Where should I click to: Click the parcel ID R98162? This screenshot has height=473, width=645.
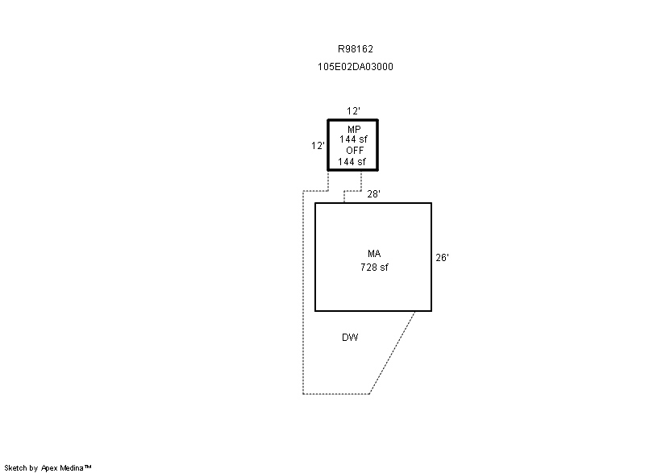pos(356,49)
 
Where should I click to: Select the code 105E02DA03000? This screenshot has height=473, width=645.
pos(356,67)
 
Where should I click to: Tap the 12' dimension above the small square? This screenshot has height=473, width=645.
pos(353,111)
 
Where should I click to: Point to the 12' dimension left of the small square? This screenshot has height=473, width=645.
pos(318,146)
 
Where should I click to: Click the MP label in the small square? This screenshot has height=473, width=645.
pos(354,130)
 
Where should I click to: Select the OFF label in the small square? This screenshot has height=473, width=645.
pos(355,151)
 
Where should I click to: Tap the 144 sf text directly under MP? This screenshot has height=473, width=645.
pos(353,139)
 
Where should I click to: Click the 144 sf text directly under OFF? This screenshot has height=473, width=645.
pos(352,162)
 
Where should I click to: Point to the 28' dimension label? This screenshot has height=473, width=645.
pos(373,194)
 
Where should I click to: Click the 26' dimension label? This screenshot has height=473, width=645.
pos(442,258)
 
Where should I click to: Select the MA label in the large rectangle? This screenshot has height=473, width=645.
pos(374,254)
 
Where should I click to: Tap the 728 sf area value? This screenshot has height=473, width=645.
pos(374,268)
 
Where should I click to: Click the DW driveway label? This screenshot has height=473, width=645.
pos(350,338)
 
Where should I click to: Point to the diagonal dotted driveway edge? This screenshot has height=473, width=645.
pos(392,353)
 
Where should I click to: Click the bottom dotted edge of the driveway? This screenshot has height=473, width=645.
pos(336,394)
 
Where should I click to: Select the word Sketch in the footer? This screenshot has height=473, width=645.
pos(16,467)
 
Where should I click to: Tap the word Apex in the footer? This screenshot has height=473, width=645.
pos(49,467)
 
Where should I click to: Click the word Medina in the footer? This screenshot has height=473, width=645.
pos(72,467)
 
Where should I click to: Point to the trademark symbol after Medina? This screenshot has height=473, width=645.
pos(88,467)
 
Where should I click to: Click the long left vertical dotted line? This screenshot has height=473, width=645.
pos(303,293)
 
